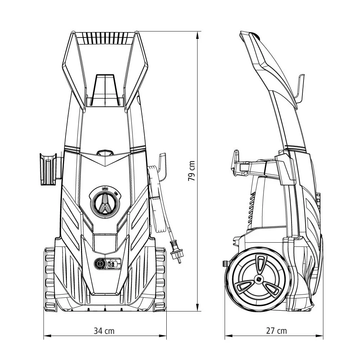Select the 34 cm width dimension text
105,331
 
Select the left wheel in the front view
50,279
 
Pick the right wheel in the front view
160,279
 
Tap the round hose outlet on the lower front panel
99,264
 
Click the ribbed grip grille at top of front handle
105,37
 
